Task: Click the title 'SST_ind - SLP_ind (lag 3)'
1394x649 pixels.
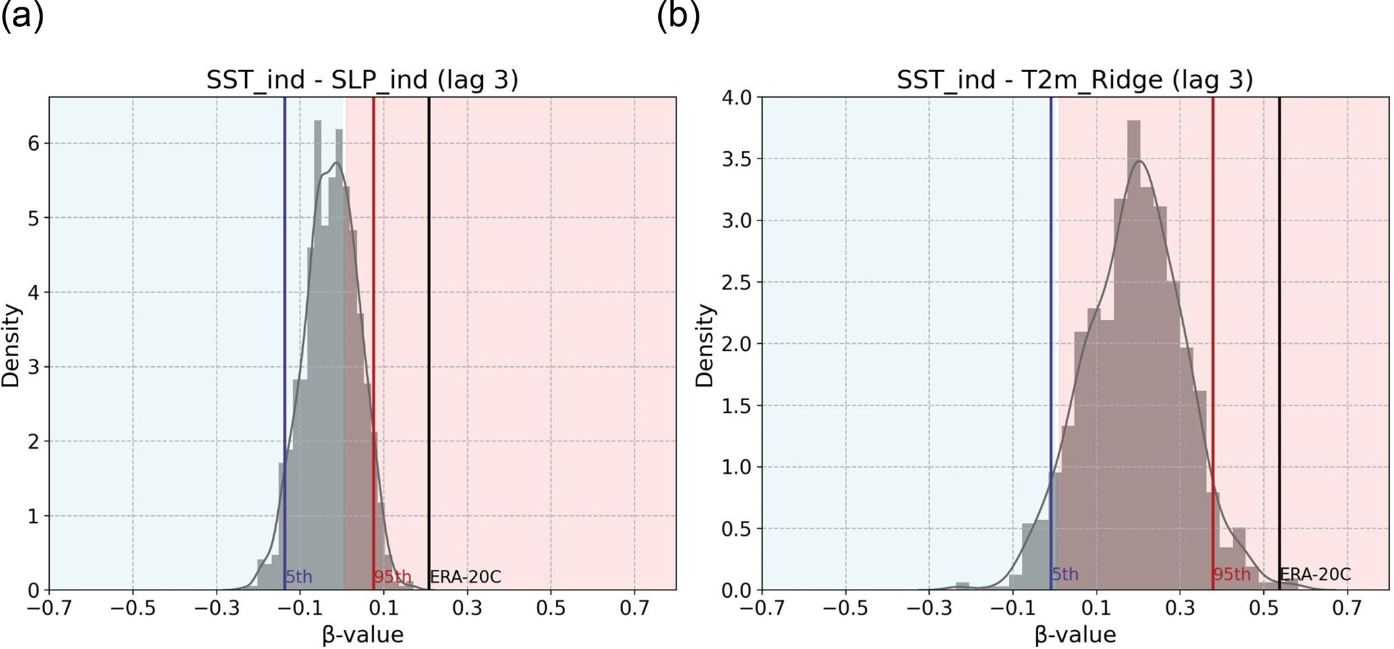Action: point(362,80)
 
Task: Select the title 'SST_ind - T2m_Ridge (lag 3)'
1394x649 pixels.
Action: point(1074,80)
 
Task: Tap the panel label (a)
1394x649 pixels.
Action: point(22,16)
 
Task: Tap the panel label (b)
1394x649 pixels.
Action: point(678,16)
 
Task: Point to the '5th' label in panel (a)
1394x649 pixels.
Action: point(299,577)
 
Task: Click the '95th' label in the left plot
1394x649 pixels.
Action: point(393,577)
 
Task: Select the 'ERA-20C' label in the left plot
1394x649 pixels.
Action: point(465,577)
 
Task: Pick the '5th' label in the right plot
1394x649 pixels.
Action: point(1065,575)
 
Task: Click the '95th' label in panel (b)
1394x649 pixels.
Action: point(1231,575)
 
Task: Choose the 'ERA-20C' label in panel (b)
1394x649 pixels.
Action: point(1315,575)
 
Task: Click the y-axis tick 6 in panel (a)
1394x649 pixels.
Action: point(34,143)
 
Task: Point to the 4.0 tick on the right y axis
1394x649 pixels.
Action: point(736,98)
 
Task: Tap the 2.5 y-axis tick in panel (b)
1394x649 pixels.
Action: point(736,282)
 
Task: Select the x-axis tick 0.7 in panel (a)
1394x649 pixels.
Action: point(634,609)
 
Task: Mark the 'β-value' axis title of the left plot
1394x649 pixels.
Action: point(362,635)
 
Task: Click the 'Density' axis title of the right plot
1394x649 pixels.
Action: point(705,345)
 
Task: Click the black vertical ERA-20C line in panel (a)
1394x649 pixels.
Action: point(429,337)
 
